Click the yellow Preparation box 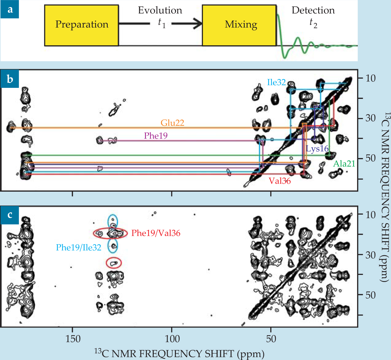coord(81,25)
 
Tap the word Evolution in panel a coord(160,10)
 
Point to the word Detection coord(313,10)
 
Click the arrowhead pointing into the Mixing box coord(197,24)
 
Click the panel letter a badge coord(10,9)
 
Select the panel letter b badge coord(10,79)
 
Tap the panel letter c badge coord(10,215)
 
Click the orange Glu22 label coord(173,123)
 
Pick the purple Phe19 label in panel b coord(156,136)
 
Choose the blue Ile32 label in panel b coord(276,82)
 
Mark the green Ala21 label coord(344,164)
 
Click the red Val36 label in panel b coord(280,181)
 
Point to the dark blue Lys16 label coord(317,149)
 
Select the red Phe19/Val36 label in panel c coord(156,233)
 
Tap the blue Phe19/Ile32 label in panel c coord(79,247)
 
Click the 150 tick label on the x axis coord(73,339)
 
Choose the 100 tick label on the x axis coord(172,339)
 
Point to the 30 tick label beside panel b coord(371,118)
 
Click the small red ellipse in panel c coord(114,263)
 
